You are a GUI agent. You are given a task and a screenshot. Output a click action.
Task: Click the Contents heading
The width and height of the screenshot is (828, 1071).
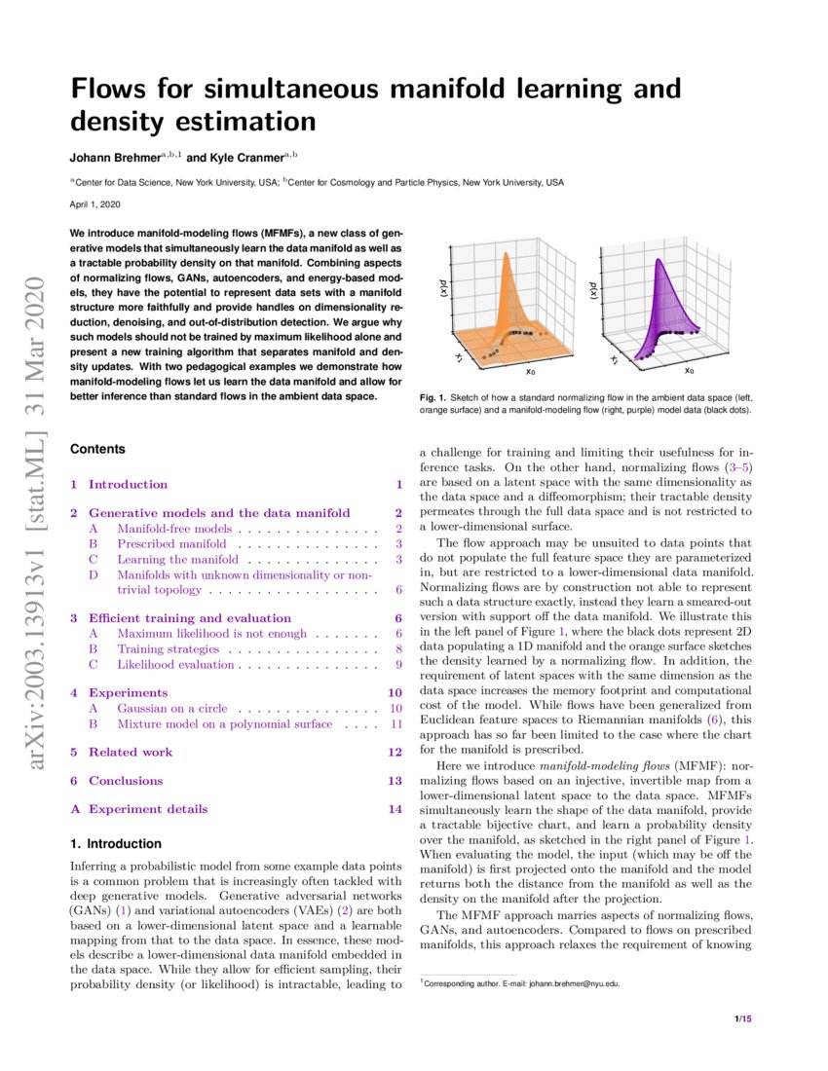98,449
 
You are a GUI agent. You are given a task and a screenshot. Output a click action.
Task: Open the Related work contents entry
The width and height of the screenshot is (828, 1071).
131,752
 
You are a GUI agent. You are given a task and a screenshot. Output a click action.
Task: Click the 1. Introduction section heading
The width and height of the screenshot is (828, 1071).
116,843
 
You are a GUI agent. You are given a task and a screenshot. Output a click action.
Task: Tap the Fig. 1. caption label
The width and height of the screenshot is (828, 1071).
432,397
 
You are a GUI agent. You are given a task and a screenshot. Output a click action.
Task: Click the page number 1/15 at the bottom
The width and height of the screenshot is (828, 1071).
743,1018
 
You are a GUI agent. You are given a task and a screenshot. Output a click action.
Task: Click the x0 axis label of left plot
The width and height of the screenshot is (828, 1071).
531,371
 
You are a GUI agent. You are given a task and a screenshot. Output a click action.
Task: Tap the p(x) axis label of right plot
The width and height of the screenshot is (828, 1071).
591,289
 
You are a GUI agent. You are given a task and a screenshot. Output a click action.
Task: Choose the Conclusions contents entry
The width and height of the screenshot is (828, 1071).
126,780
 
